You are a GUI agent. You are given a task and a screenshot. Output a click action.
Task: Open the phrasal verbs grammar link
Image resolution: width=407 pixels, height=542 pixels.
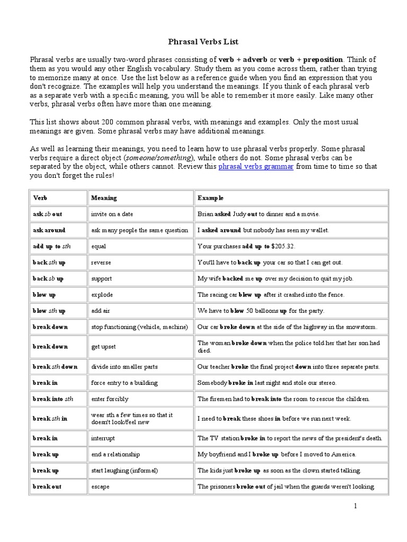click(x=256, y=166)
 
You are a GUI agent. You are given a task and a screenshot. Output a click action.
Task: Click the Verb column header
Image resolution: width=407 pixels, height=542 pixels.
click(x=40, y=198)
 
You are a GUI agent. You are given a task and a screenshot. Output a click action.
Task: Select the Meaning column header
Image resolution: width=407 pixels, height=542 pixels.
click(x=104, y=198)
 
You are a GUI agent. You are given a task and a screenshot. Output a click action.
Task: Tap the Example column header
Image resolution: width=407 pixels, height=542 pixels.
click(x=210, y=198)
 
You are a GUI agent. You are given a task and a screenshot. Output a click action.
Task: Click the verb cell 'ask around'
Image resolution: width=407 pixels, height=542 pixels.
click(x=49, y=230)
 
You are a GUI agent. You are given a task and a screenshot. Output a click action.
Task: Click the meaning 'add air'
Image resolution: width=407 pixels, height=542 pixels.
click(x=101, y=311)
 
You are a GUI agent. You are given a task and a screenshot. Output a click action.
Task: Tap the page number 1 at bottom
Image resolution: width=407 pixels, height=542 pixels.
click(x=356, y=507)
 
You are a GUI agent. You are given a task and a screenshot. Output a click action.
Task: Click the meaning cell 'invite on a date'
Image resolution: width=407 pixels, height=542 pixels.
click(x=112, y=214)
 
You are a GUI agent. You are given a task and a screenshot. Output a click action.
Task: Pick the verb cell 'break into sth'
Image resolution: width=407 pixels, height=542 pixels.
click(x=53, y=399)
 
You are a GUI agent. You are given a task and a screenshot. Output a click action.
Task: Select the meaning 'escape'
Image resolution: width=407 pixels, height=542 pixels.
click(x=100, y=486)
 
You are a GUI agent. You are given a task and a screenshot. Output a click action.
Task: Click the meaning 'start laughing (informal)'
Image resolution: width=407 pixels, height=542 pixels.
click(x=125, y=470)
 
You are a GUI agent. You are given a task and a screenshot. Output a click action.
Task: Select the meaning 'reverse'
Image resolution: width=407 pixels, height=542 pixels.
click(x=101, y=263)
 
